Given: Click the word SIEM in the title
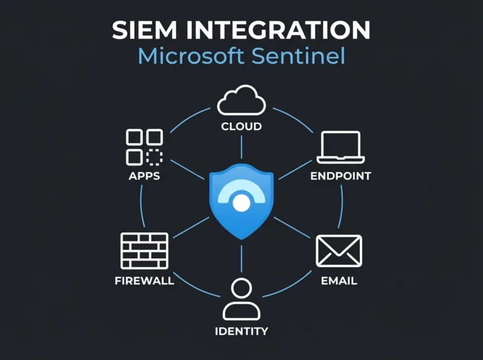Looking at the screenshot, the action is point(145,30).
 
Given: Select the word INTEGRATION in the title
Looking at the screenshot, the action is point(278,30).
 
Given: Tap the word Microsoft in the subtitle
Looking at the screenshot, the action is point(191,56).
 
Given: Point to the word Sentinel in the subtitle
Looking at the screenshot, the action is point(298,56).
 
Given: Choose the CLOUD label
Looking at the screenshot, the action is point(241,126).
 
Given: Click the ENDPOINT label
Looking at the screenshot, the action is point(341,176).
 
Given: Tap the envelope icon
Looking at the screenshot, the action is point(339,251).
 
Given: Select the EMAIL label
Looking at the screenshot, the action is point(339,281).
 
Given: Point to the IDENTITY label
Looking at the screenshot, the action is point(241,331).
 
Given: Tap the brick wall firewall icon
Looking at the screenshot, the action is point(145,251).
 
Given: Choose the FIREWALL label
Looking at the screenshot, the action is point(145,281).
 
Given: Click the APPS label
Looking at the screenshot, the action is point(145,176).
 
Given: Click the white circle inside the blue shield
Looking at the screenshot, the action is point(241,203).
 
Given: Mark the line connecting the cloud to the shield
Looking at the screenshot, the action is point(241,147).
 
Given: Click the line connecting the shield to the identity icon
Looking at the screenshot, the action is point(241,259).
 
